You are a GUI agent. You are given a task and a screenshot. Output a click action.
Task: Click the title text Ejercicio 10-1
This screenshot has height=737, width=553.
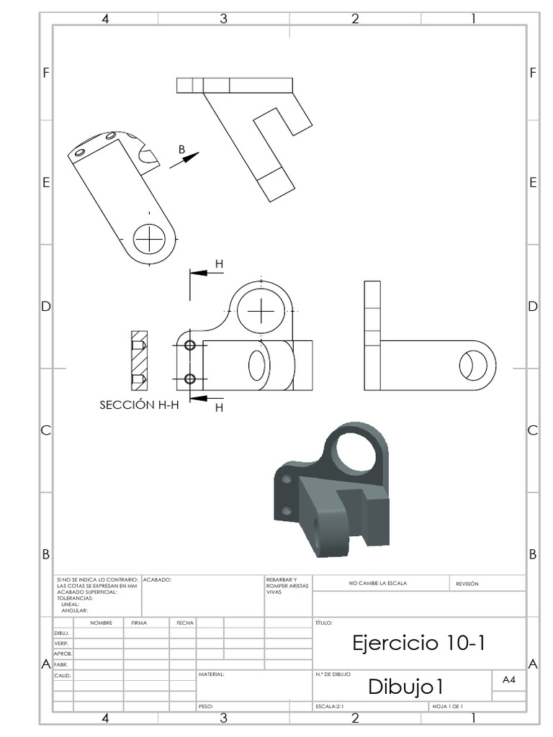pos(419,643)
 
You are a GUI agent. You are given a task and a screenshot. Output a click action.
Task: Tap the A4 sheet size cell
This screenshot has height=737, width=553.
pos(508,679)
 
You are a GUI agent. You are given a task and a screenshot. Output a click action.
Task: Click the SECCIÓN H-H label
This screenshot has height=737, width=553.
pos(139,405)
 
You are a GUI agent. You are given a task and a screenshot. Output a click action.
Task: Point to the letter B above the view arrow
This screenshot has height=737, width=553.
pos(182,150)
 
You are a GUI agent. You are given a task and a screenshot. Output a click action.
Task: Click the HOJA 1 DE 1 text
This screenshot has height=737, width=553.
pos(447,707)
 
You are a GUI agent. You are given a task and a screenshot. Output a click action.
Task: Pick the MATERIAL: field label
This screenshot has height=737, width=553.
pos(212,675)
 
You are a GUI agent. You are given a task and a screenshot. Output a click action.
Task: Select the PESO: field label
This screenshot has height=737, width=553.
pos(206,707)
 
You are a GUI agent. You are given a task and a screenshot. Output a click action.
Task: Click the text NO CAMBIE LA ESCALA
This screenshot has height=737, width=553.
pos(377,584)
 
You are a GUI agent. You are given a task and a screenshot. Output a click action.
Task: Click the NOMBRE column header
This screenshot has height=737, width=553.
pos(101,623)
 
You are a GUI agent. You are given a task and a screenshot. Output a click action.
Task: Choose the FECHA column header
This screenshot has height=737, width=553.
pos(182,623)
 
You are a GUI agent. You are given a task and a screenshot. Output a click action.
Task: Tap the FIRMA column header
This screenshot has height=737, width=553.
pos(139,623)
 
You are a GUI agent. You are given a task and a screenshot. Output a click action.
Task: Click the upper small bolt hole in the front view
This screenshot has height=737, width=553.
pos(190,345)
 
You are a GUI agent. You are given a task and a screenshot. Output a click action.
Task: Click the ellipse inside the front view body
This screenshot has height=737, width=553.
pos(257,365)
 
